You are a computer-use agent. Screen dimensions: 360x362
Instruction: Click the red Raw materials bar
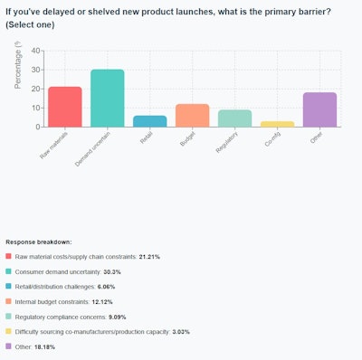(x=65, y=107)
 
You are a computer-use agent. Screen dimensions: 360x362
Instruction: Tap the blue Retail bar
(x=149, y=121)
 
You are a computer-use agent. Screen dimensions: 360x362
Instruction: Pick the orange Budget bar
(x=192, y=115)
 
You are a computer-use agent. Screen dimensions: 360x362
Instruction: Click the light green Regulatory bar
(x=234, y=118)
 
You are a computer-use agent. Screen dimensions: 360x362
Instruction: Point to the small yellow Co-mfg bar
(x=277, y=124)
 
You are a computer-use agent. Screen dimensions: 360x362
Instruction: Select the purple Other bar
(x=319, y=109)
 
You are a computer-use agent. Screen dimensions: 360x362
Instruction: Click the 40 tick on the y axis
(x=36, y=51)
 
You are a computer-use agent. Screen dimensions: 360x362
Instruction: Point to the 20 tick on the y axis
(x=36, y=89)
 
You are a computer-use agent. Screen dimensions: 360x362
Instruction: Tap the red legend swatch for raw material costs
(x=9, y=258)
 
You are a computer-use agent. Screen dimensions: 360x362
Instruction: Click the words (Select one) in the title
(x=33, y=24)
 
